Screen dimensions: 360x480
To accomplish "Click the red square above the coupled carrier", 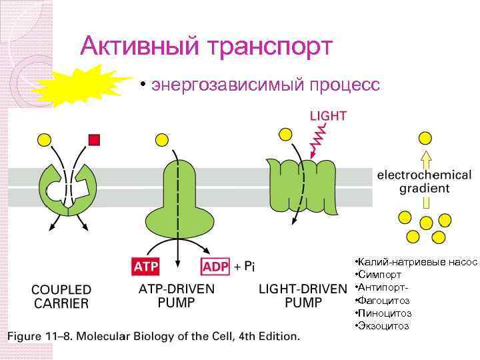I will tap(94, 139).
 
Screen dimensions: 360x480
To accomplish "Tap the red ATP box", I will tap(146, 267).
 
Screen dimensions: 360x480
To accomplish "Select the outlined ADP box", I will tap(215, 267).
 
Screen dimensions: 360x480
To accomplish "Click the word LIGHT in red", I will tap(327, 115).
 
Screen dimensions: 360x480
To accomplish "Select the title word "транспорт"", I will tap(270, 46).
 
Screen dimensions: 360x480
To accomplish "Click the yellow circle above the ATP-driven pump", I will tap(162, 139).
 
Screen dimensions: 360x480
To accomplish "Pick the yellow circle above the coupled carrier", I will tap(44, 139).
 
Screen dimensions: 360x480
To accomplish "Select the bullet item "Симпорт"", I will tap(379, 275).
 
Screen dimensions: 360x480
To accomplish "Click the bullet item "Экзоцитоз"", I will tap(383, 325).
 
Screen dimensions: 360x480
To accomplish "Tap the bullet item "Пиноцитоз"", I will tap(384, 313).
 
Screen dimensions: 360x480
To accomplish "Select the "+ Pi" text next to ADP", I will tap(244, 267).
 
